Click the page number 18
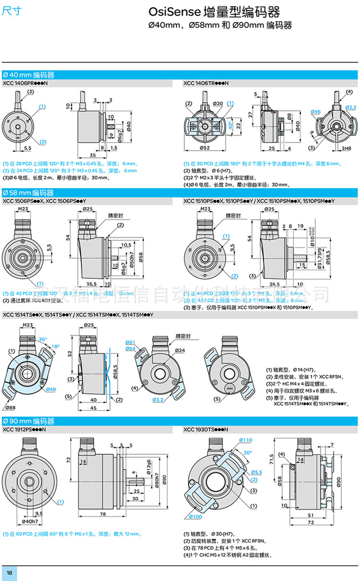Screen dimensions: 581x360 [9, 572]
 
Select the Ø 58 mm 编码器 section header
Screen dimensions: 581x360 [28, 193]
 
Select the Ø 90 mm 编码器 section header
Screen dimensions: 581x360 [28, 420]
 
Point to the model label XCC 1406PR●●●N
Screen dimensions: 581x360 [25, 83]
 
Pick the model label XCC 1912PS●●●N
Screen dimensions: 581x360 [25, 429]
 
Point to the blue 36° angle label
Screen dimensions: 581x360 [42, 339]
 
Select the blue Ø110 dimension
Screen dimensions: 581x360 [245, 440]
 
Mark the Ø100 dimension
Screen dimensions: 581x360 [195, 516]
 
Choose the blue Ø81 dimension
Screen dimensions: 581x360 [130, 342]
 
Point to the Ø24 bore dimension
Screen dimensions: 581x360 [180, 350]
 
